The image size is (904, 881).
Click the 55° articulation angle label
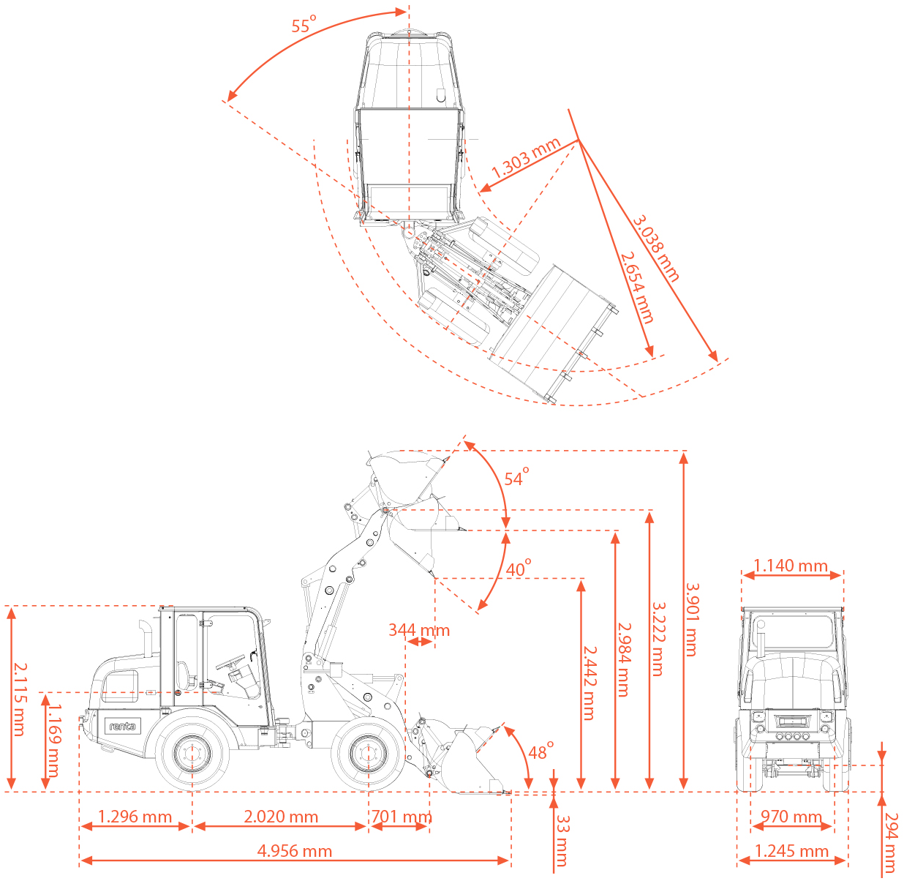(304, 24)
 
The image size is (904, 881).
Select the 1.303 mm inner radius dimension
(525, 158)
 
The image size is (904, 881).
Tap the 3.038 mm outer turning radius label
(656, 247)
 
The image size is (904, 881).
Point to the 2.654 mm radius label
(637, 288)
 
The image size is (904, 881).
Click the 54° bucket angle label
(516, 477)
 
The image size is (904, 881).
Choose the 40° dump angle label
(518, 569)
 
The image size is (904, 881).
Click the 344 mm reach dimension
(419, 630)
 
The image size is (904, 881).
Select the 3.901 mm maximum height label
(693, 619)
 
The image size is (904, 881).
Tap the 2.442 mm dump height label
(590, 683)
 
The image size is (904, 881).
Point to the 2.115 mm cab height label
(20, 700)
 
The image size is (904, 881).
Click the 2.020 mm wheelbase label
(281, 817)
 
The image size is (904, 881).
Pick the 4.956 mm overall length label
(295, 851)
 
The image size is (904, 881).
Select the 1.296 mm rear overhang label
(135, 817)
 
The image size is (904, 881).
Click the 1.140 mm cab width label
(790, 566)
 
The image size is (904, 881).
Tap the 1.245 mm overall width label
(791, 851)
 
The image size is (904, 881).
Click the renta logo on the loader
(123, 726)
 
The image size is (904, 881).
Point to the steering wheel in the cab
(230, 661)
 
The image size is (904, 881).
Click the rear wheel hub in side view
(192, 754)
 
